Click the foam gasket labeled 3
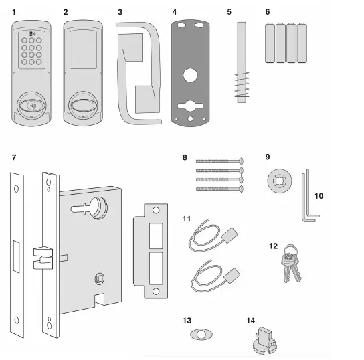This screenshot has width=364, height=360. (x=139, y=74)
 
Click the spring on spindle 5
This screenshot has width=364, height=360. (x=242, y=86)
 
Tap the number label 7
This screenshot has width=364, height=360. (x=15, y=157)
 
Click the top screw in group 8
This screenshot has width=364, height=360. (x=220, y=161)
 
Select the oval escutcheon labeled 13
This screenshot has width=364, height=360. (x=201, y=333)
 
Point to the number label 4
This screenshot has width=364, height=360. (x=175, y=12)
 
